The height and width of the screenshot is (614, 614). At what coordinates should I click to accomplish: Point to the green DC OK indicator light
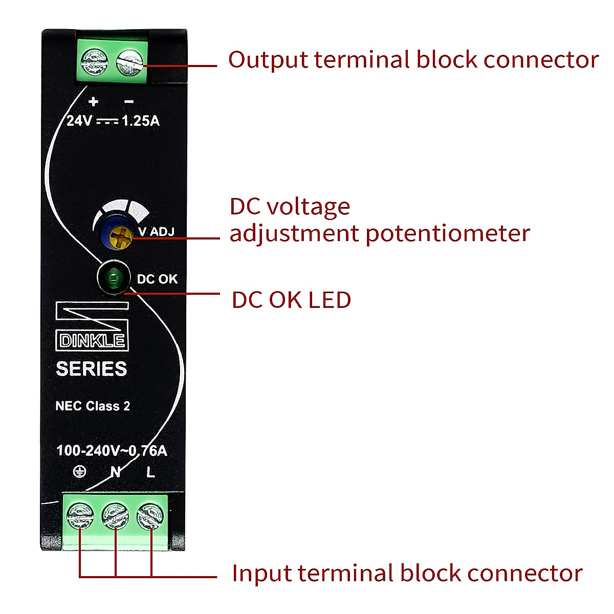113,279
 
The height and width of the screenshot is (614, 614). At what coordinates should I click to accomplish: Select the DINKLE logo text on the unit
92,341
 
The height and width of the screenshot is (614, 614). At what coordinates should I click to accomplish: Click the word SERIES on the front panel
92,369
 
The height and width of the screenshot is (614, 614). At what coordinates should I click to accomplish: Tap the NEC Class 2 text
93,406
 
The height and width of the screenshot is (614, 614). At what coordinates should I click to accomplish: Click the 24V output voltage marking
79,121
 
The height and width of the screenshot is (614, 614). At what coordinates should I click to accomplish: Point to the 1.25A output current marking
141,121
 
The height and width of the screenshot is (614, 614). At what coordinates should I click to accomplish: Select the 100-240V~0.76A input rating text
112,451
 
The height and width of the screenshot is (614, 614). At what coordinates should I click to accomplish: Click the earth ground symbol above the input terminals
79,472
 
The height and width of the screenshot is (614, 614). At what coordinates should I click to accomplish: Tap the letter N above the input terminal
116,472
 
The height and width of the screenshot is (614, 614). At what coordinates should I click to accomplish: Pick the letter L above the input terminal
150,472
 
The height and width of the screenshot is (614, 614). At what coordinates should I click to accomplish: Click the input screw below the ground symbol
80,516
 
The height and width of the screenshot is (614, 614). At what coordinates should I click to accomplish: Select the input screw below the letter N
115,516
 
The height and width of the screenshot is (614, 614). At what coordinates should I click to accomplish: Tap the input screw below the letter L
150,516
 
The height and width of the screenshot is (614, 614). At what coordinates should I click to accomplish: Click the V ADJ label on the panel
156,232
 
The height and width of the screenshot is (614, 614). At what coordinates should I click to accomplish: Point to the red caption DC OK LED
291,300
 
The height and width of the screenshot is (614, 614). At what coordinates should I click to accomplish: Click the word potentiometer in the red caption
448,233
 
